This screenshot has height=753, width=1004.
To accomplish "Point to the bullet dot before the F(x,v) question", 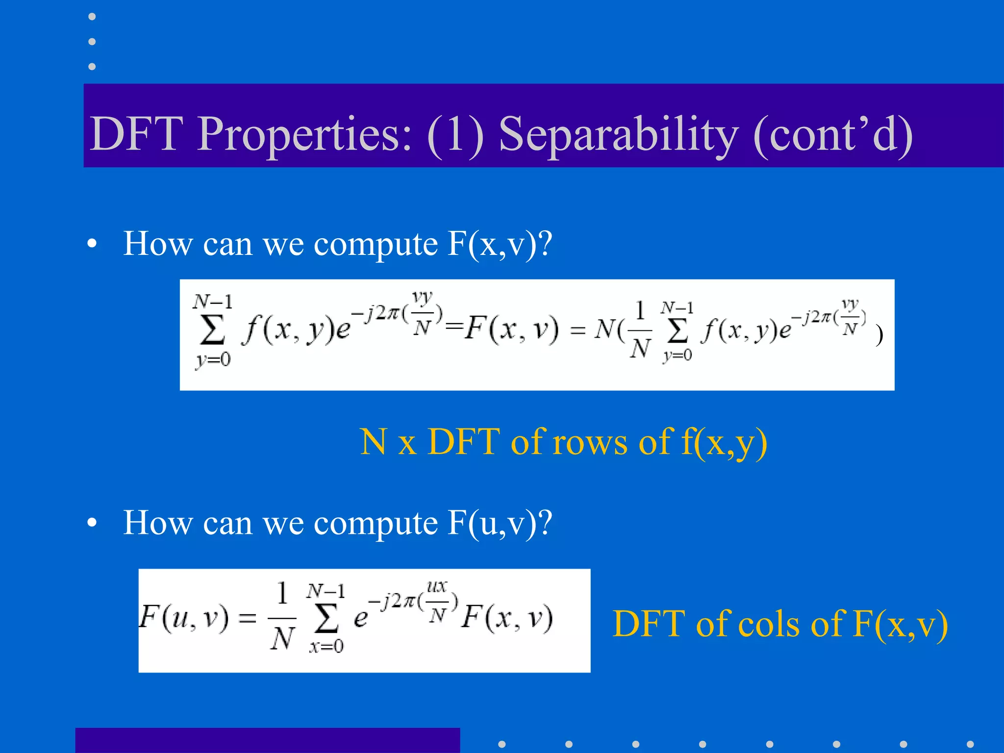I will [x=92, y=244].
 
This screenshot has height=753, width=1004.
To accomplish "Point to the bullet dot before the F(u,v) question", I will [x=92, y=523].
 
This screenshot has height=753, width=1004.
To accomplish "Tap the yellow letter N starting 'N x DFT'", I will [x=374, y=442].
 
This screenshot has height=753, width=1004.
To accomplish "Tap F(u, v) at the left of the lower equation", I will [x=184, y=618].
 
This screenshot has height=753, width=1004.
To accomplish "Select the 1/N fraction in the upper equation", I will [x=640, y=330].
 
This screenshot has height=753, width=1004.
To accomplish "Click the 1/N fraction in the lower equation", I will [x=282, y=617].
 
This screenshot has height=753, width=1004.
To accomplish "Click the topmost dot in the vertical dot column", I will [x=92, y=17].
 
